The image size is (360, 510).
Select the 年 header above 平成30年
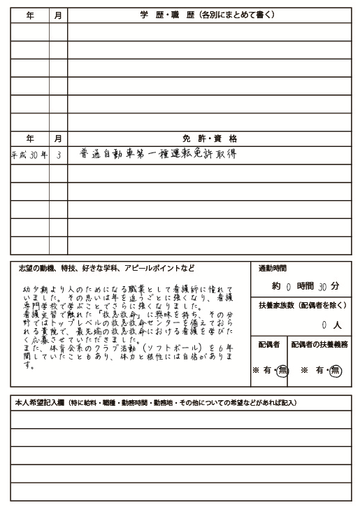point(29,139)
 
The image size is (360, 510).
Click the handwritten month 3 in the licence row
point(58,156)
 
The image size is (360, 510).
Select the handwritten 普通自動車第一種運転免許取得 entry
point(159,155)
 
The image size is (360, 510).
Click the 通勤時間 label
point(272,269)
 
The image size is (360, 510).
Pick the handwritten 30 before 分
point(322,287)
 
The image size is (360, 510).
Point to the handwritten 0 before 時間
point(288,287)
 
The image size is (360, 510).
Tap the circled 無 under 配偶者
point(282,371)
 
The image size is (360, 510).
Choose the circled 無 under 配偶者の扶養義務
point(336,371)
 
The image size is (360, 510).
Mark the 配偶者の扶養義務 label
point(319,345)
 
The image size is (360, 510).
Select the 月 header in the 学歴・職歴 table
point(58,15)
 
